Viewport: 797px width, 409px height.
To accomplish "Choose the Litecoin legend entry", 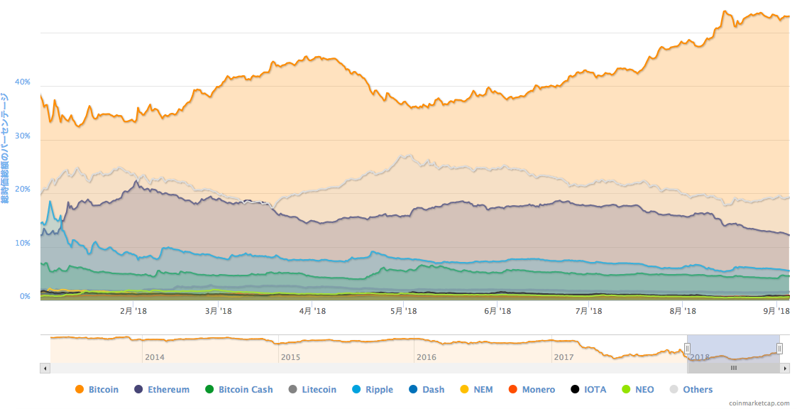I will [x=319, y=389].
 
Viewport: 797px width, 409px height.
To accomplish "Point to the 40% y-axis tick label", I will [x=23, y=82].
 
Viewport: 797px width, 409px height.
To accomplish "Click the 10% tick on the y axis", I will [x=23, y=244].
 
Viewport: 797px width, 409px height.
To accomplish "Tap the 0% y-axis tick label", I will [x=25, y=297].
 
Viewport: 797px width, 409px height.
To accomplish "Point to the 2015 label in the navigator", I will [x=290, y=356].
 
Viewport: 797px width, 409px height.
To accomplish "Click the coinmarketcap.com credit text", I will [x=759, y=403].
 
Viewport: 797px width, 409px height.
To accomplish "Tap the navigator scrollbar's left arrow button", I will [x=45, y=369].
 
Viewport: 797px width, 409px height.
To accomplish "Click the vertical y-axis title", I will [x=5, y=148].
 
